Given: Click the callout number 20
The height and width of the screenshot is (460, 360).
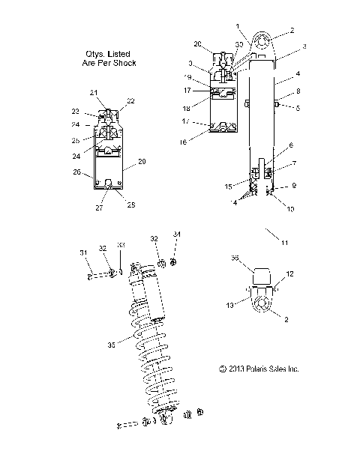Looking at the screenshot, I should click(197, 43).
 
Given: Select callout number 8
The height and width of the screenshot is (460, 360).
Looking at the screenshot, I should click(298, 91).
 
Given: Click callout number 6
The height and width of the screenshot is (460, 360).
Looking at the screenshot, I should click(290, 146).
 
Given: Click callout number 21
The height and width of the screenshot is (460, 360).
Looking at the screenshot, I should click(114, 92).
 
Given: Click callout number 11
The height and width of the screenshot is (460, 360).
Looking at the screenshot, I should click(284, 243).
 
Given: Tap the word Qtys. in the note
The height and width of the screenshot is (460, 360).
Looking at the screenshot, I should click(97, 53).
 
